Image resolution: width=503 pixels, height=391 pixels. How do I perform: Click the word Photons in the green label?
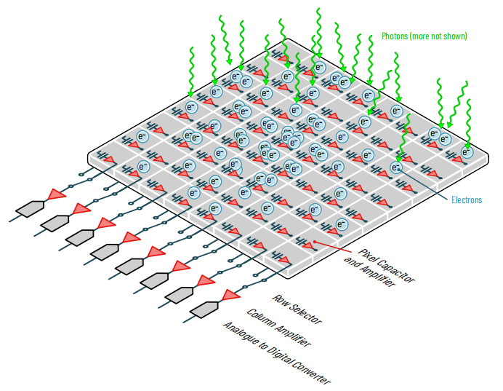coord(397,36)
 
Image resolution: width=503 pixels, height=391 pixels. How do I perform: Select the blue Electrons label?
coord(466,200)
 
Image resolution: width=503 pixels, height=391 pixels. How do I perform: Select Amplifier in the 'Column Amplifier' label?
coord(291,336)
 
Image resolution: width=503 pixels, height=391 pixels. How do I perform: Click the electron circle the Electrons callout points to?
coord(396,167)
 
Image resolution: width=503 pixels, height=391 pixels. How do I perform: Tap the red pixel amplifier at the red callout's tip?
coord(308,245)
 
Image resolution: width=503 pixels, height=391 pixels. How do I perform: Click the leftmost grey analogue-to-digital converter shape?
coord(31,208)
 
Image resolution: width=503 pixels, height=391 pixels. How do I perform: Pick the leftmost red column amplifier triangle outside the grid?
coord(57,194)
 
